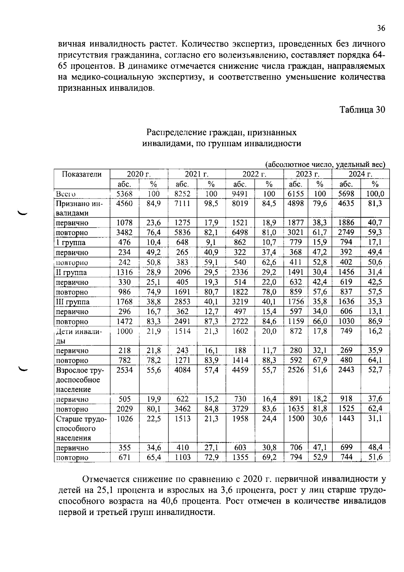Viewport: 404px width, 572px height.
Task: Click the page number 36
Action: [380, 28]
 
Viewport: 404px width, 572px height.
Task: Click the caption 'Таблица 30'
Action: [362, 110]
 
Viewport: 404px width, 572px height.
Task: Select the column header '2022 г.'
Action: [254, 174]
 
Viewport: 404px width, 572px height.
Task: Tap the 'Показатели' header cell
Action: [82, 174]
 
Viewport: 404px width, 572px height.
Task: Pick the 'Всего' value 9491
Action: [240, 194]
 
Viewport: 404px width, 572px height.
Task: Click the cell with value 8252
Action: [182, 194]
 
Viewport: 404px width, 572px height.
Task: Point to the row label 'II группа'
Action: [71, 272]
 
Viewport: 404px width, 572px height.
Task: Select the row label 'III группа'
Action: [72, 302]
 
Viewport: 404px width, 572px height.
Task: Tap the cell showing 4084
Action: [182, 370]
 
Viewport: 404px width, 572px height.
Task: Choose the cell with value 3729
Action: [240, 409]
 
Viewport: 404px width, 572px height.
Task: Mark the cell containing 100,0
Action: [375, 194]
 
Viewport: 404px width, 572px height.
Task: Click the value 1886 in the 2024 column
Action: [346, 223]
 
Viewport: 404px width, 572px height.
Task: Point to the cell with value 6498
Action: [240, 233]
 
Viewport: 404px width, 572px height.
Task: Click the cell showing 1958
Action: [240, 419]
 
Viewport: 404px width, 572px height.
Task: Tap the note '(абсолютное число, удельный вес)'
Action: [325, 164]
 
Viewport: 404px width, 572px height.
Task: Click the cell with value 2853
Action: [182, 302]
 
